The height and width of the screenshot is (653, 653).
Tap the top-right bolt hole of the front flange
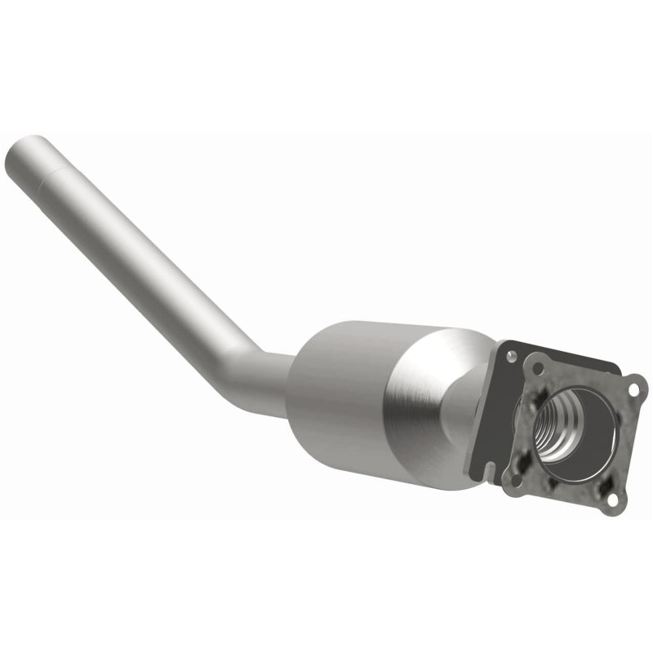pos(633,391)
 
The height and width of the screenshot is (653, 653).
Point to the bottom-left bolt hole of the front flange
pos(512,471)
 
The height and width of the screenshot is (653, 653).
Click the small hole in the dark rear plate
pos(512,357)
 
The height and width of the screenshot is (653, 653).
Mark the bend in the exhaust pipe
pos(245,359)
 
